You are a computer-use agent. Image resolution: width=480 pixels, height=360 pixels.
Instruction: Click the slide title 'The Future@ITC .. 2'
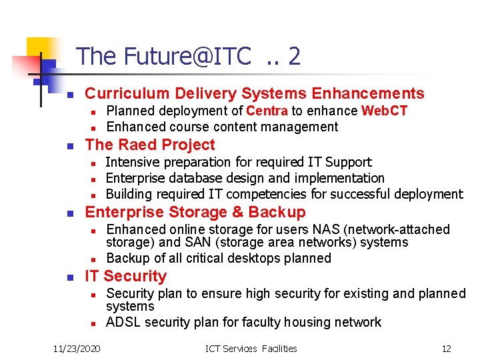(x=188, y=56)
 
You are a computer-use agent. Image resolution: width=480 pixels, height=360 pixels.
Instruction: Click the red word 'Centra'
(x=267, y=111)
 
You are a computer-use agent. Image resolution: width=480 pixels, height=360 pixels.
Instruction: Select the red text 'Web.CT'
(x=384, y=111)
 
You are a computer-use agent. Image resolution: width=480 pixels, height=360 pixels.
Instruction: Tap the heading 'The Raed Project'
(x=150, y=145)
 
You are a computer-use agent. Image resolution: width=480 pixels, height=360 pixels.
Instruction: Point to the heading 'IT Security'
(x=125, y=276)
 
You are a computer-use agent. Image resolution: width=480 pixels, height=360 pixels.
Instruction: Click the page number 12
(x=446, y=348)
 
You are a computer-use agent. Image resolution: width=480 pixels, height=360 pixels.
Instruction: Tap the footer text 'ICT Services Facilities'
(x=252, y=348)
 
